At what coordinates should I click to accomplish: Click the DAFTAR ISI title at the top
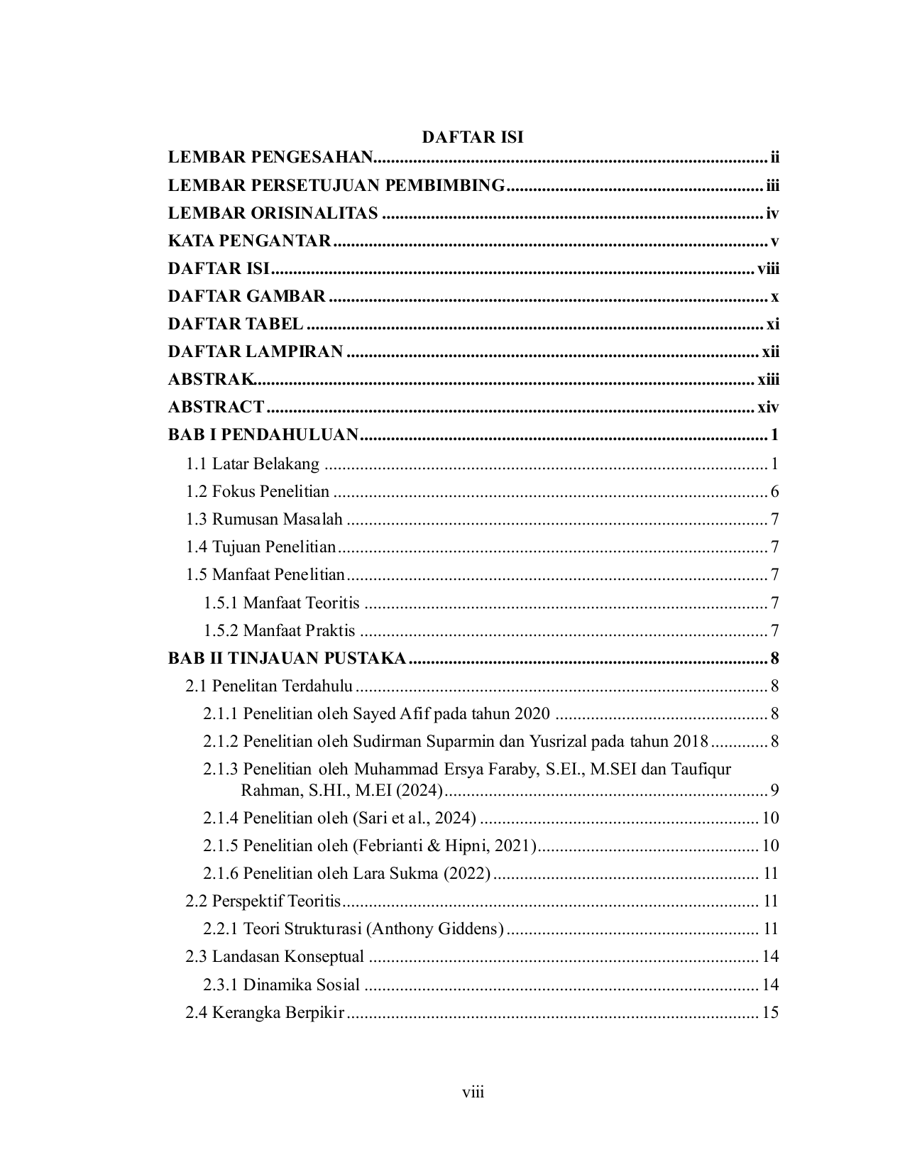tap(473, 137)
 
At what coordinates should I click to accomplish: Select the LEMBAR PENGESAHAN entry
tap(270, 158)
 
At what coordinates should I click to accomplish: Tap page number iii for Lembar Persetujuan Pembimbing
tap(772, 186)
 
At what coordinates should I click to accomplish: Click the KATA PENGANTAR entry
tap(249, 241)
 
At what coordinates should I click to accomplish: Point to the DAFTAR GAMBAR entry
tap(246, 297)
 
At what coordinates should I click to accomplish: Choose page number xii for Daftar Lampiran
tap(770, 352)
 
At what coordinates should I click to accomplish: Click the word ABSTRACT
tap(216, 407)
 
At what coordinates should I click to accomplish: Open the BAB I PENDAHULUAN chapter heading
tap(263, 435)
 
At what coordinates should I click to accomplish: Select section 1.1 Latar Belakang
tap(253, 464)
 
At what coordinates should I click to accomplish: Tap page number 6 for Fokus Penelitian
tap(774, 492)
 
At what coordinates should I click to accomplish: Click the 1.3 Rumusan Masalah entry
tap(264, 520)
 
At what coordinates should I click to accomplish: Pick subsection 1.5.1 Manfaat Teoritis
tap(282, 603)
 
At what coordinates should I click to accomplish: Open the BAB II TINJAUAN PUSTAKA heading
tap(287, 659)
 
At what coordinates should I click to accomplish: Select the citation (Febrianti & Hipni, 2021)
tap(444, 846)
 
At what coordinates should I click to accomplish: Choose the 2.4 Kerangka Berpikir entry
tap(265, 1013)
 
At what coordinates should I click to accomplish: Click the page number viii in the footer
tap(473, 1092)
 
